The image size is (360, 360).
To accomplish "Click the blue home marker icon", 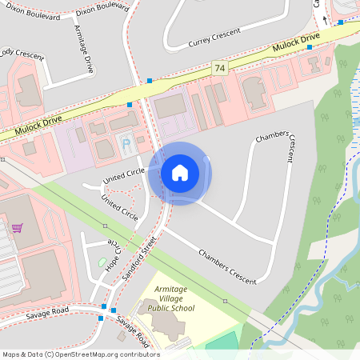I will tap(180, 172).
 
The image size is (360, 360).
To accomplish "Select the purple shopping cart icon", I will tap(17, 228).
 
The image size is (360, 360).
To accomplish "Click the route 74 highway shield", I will tap(219, 70).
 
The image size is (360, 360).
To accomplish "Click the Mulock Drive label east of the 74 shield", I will tap(295, 45).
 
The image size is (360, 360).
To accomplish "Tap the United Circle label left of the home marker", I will tap(124, 174).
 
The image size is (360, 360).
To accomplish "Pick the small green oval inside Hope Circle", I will tap(101, 262).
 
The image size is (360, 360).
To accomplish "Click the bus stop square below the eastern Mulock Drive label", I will tap(310, 47).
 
